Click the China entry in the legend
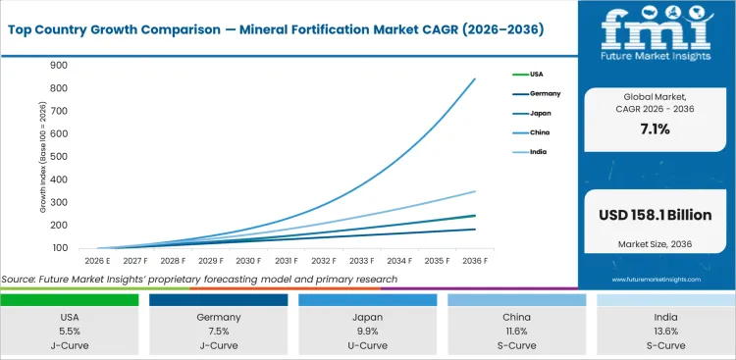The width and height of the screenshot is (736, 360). tap(540, 131)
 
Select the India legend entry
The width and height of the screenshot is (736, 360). tap(539, 151)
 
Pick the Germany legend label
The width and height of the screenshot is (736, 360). tap(545, 93)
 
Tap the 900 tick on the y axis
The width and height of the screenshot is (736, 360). tap(59, 66)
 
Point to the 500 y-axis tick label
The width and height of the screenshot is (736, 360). tap(59, 157)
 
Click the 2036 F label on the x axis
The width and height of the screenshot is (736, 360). tap(475, 261)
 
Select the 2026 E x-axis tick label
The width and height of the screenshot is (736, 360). tap(97, 261)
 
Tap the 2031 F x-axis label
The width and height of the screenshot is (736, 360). tap(286, 261)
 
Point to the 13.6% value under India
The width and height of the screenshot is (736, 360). tap(665, 332)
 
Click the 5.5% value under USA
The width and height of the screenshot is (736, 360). tap(69, 332)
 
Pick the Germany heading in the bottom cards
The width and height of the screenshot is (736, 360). tap(218, 318)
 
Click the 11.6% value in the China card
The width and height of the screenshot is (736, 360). tap(516, 332)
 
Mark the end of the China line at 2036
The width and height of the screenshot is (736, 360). tap(475, 79)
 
